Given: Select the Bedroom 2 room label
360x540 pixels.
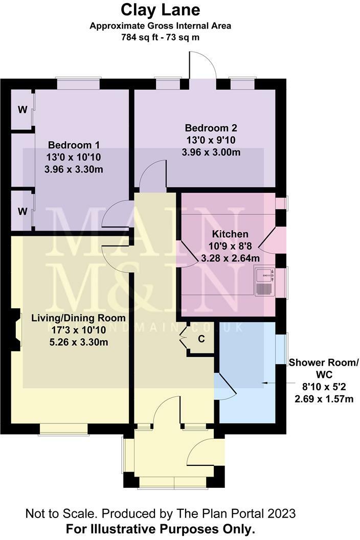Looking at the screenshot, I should pos(212,128).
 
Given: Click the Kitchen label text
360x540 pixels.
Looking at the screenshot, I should pos(230,234).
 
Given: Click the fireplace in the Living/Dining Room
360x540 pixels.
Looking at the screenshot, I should pos(15,330).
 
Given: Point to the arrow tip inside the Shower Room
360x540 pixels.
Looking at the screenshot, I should pos(263,382).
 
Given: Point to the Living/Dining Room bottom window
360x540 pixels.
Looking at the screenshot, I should pos(64,429).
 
